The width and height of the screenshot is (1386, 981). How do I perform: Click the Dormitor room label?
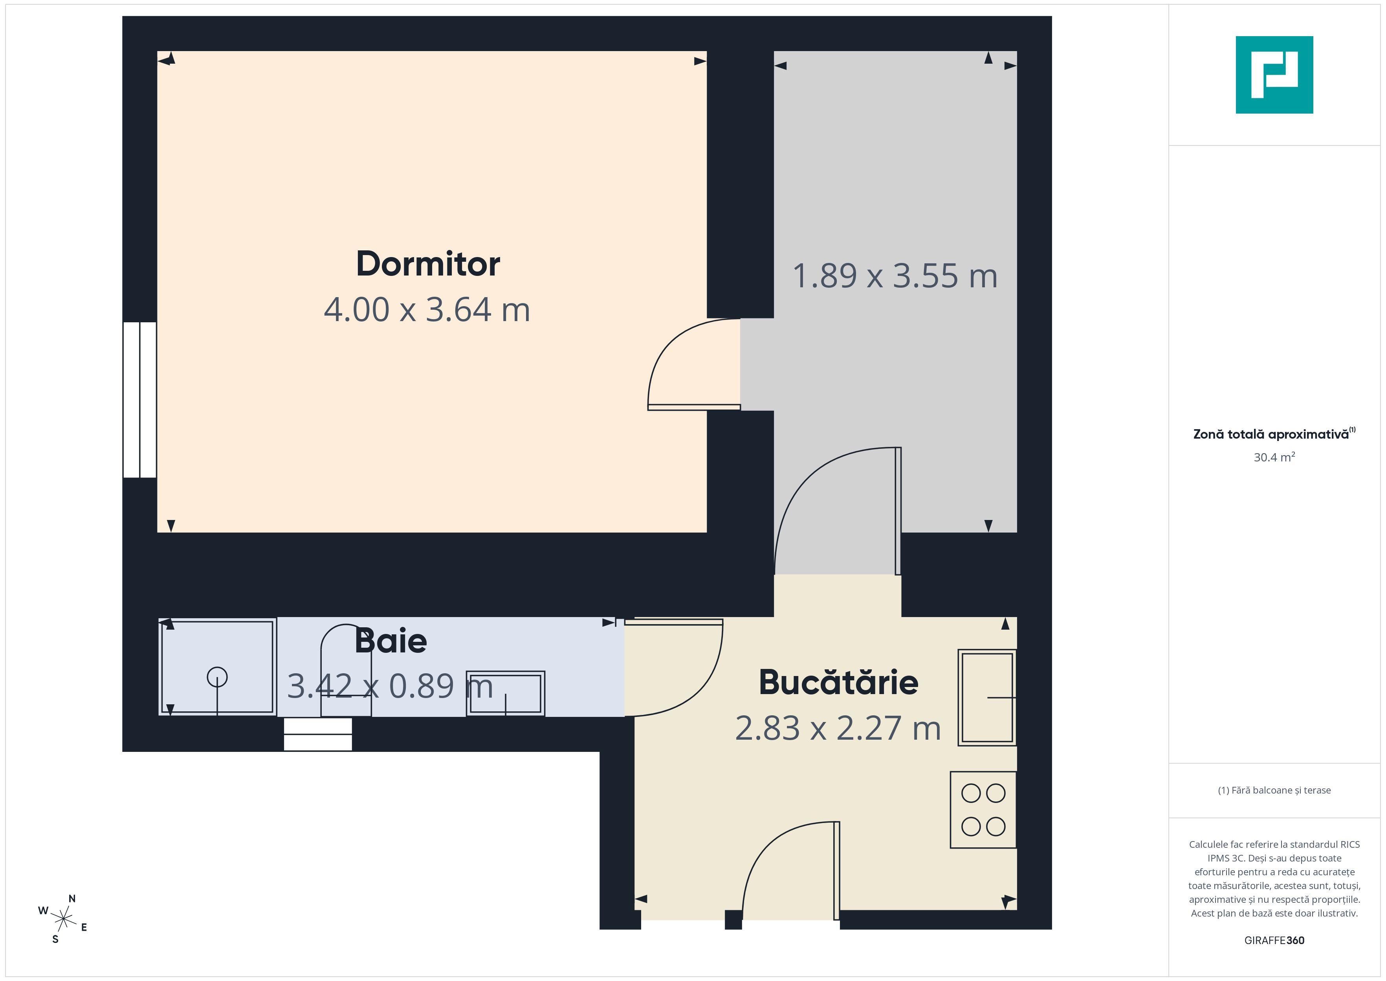coord(428,264)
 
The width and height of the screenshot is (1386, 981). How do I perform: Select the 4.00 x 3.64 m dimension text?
coord(427,309)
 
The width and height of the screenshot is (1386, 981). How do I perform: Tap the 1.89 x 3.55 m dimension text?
coord(895,276)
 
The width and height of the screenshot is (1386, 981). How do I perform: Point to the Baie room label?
coord(390,641)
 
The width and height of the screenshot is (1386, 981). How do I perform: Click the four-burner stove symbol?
coord(983,810)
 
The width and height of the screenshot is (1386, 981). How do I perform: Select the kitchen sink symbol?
coord(987,697)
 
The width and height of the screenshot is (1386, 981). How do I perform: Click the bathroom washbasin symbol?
coord(505,693)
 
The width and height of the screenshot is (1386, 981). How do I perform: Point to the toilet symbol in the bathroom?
coord(345,671)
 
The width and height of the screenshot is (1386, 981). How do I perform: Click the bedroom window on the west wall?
coord(140,400)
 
